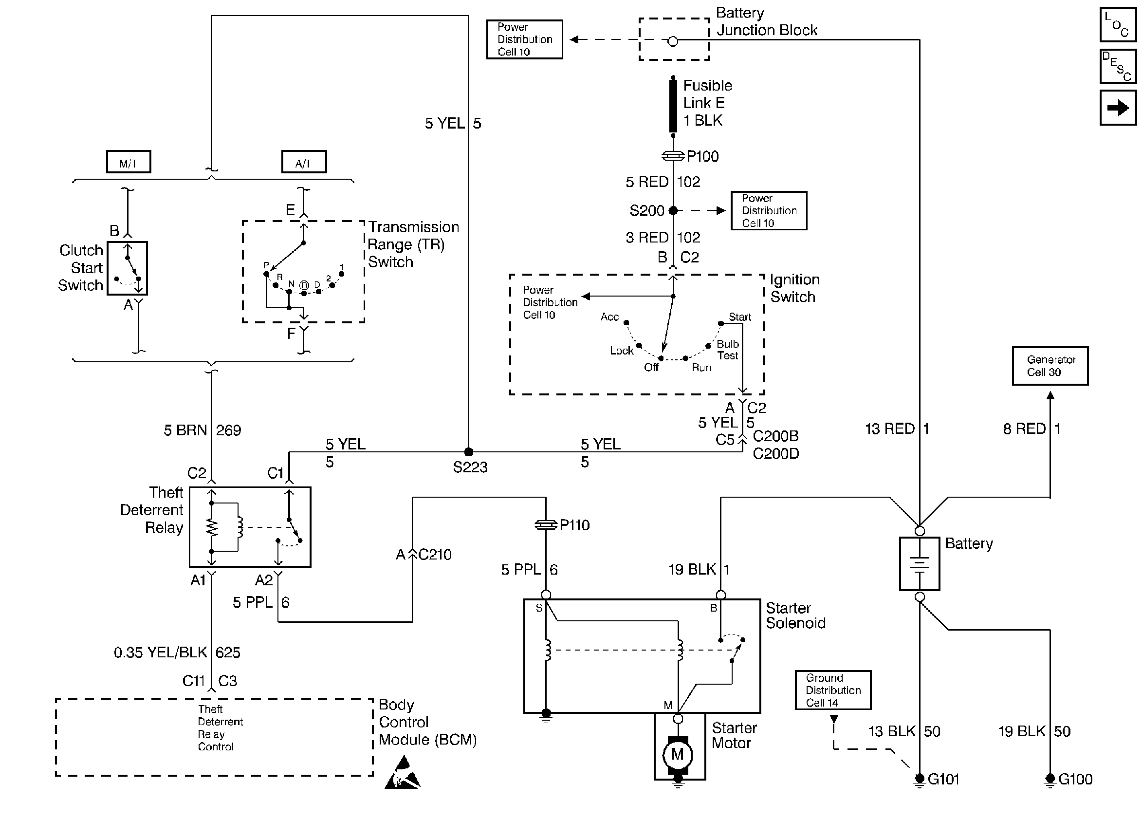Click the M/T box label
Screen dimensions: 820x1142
[129, 163]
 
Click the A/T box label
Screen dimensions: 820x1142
[304, 163]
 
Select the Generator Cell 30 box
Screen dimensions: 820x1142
[1050, 366]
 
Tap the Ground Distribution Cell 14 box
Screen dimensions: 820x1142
[833, 690]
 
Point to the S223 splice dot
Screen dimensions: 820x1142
[469, 452]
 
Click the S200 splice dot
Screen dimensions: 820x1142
[673, 210]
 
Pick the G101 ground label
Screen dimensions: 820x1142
[943, 779]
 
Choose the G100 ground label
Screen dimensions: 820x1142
[1075, 779]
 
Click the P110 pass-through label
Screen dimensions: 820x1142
[574, 525]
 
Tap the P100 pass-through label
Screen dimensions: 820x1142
[702, 156]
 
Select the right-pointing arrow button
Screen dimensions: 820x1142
[1118, 107]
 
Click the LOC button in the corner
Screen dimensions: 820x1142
[1118, 24]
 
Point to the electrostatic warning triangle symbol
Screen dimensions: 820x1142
[402, 773]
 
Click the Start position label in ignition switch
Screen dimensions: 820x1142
[740, 317]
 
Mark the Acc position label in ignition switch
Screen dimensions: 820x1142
[609, 317]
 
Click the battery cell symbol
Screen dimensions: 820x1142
[920, 563]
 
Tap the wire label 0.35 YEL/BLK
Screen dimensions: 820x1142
[160, 652]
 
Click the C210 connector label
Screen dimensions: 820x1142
[435, 555]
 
